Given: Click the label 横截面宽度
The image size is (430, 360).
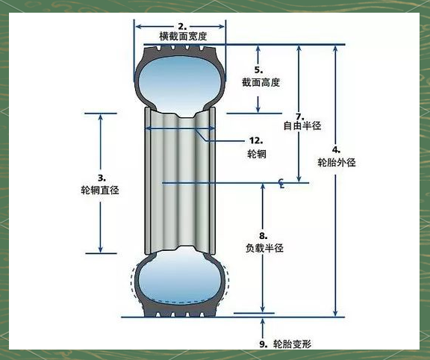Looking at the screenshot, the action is click(x=183, y=36).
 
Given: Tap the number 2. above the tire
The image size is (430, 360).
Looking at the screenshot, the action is click(x=182, y=27).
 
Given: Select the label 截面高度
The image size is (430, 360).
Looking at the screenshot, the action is click(x=261, y=82).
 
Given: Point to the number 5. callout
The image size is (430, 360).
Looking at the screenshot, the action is click(x=258, y=70).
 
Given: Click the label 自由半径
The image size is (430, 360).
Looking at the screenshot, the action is click(x=302, y=125).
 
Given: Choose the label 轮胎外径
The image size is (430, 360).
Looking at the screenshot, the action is click(x=337, y=162).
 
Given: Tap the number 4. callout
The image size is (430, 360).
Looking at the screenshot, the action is click(x=336, y=150).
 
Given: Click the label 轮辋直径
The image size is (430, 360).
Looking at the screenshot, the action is click(x=100, y=190).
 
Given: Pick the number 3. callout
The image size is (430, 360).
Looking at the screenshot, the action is click(x=102, y=178).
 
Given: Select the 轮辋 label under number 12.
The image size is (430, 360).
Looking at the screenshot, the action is click(x=257, y=154).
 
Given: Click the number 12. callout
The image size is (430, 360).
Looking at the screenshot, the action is click(x=256, y=140).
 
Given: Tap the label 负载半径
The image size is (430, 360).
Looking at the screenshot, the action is click(x=264, y=248).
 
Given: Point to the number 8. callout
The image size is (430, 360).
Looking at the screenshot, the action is click(x=264, y=236).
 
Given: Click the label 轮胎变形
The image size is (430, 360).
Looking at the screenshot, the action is click(x=293, y=344).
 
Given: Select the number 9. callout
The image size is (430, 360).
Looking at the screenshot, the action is click(x=264, y=344).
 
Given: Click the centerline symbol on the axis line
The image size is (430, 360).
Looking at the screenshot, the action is click(x=281, y=183).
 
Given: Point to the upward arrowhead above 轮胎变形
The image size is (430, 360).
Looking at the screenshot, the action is click(x=263, y=321).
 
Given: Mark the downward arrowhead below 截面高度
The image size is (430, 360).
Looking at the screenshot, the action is click(x=258, y=109).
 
